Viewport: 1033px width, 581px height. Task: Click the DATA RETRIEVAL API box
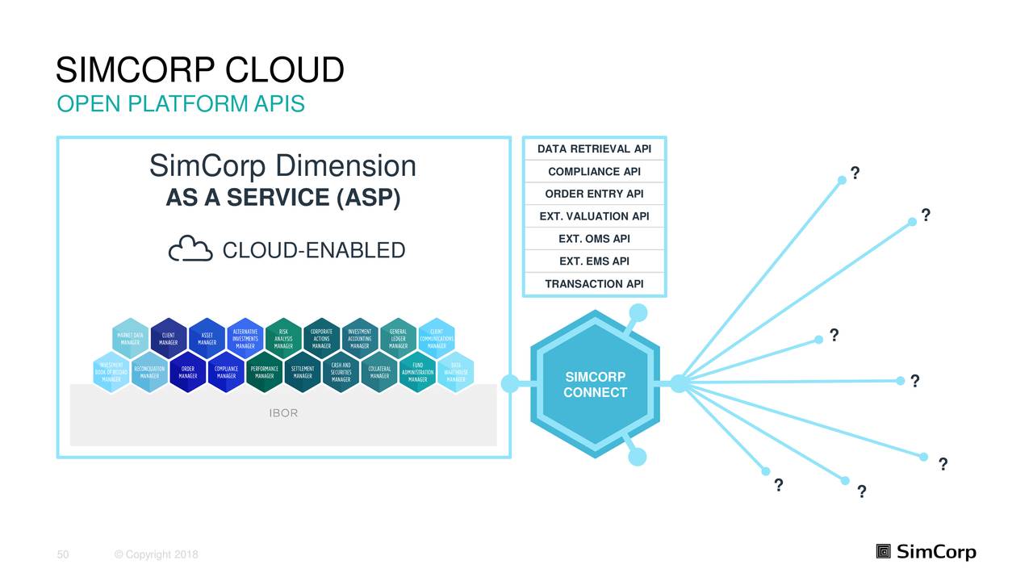[594, 149]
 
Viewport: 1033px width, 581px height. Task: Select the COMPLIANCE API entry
[594, 172]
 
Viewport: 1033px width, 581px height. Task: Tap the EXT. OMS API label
[594, 239]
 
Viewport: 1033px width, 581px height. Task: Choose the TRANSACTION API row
[594, 284]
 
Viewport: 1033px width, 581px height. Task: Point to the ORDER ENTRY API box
[594, 194]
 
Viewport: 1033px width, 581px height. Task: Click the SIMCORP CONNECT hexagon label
[595, 385]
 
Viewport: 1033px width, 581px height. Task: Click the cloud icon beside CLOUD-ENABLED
[190, 249]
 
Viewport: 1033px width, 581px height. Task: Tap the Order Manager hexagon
[188, 372]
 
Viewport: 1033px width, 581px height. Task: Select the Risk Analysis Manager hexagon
[283, 340]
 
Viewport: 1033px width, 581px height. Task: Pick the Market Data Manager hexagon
[131, 340]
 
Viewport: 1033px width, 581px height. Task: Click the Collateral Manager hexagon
[378, 372]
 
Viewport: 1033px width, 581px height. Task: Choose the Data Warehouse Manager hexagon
[456, 372]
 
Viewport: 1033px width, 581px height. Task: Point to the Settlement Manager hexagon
[303, 372]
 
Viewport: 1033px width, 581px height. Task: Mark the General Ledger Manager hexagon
[398, 340]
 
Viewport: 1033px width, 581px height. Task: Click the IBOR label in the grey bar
[283, 413]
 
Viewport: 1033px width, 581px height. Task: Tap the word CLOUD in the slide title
[284, 71]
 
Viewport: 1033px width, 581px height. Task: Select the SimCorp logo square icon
[884, 552]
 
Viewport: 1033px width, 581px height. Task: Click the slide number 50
[62, 554]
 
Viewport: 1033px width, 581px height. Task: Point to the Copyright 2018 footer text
[157, 554]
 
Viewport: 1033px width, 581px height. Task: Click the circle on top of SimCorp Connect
[638, 312]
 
